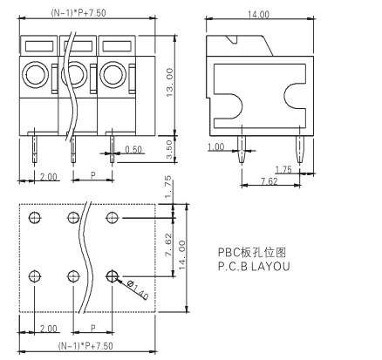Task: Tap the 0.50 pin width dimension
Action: click(x=133, y=150)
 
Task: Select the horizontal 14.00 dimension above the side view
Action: click(x=258, y=15)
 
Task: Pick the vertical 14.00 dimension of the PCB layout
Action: click(x=182, y=255)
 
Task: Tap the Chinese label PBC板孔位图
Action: click(x=252, y=254)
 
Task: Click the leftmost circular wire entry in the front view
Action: click(x=37, y=74)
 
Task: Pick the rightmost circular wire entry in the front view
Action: click(x=113, y=74)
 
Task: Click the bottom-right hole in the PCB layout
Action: click(x=112, y=276)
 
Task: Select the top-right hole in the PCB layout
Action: click(x=112, y=217)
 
